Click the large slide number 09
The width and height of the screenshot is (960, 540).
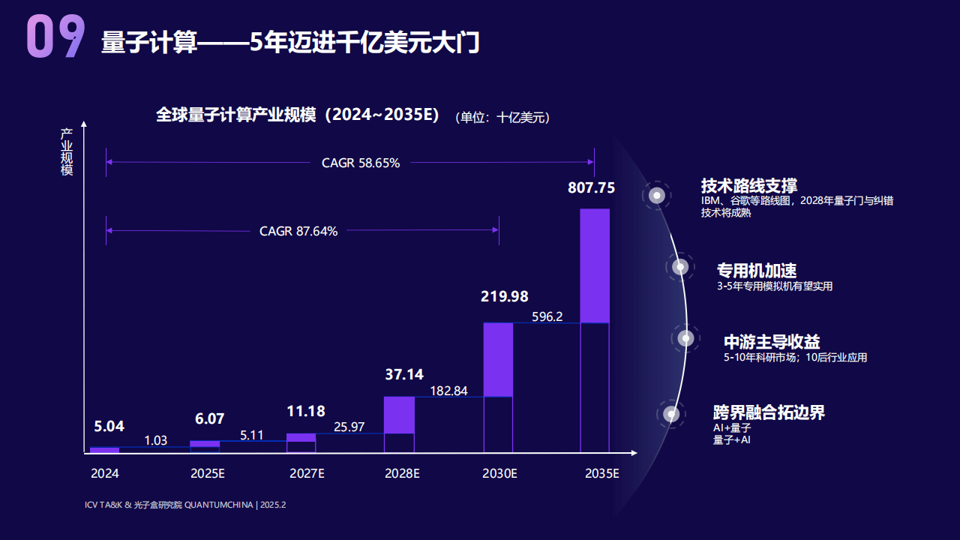55,37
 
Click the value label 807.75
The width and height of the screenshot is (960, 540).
591,187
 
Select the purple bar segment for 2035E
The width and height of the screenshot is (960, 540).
595,265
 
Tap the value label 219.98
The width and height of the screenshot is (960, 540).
504,296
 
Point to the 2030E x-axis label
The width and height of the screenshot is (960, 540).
499,474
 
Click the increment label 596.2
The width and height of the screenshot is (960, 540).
547,316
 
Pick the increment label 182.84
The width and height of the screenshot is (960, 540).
448,391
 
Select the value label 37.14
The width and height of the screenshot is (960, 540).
405,374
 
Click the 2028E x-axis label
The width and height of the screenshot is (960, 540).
402,474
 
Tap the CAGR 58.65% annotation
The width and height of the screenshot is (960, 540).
361,163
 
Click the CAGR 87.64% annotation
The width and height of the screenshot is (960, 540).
298,231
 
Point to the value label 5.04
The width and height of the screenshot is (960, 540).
109,427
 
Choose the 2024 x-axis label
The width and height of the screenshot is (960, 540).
105,474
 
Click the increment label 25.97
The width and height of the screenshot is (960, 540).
349,427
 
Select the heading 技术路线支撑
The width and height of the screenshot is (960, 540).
748,185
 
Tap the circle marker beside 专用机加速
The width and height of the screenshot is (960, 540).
680,267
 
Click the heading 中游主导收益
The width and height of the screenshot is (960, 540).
772,342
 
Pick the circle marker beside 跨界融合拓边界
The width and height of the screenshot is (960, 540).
671,414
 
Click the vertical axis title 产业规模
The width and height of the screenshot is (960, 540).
67,152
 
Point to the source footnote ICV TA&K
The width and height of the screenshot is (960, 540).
185,505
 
